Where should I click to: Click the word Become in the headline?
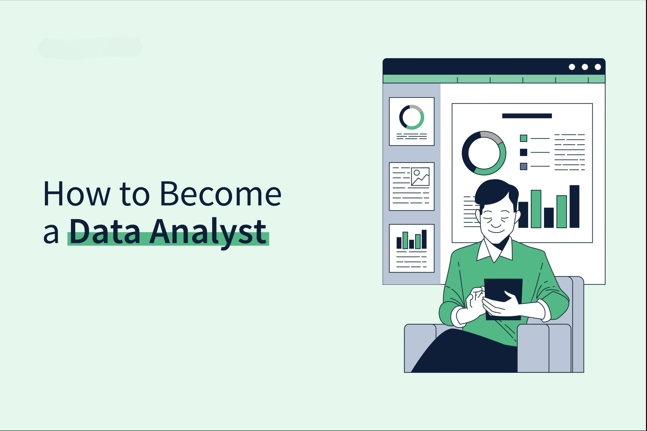221,194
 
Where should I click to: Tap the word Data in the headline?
105,232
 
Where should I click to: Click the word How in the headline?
77,194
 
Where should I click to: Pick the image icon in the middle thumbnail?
420,176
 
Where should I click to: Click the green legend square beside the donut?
523,138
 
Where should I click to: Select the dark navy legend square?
523,152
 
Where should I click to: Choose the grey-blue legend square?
523,166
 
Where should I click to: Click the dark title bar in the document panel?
527,116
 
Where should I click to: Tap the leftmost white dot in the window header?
572,67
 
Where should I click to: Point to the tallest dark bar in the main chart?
574,207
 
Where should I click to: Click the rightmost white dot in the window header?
598,67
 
